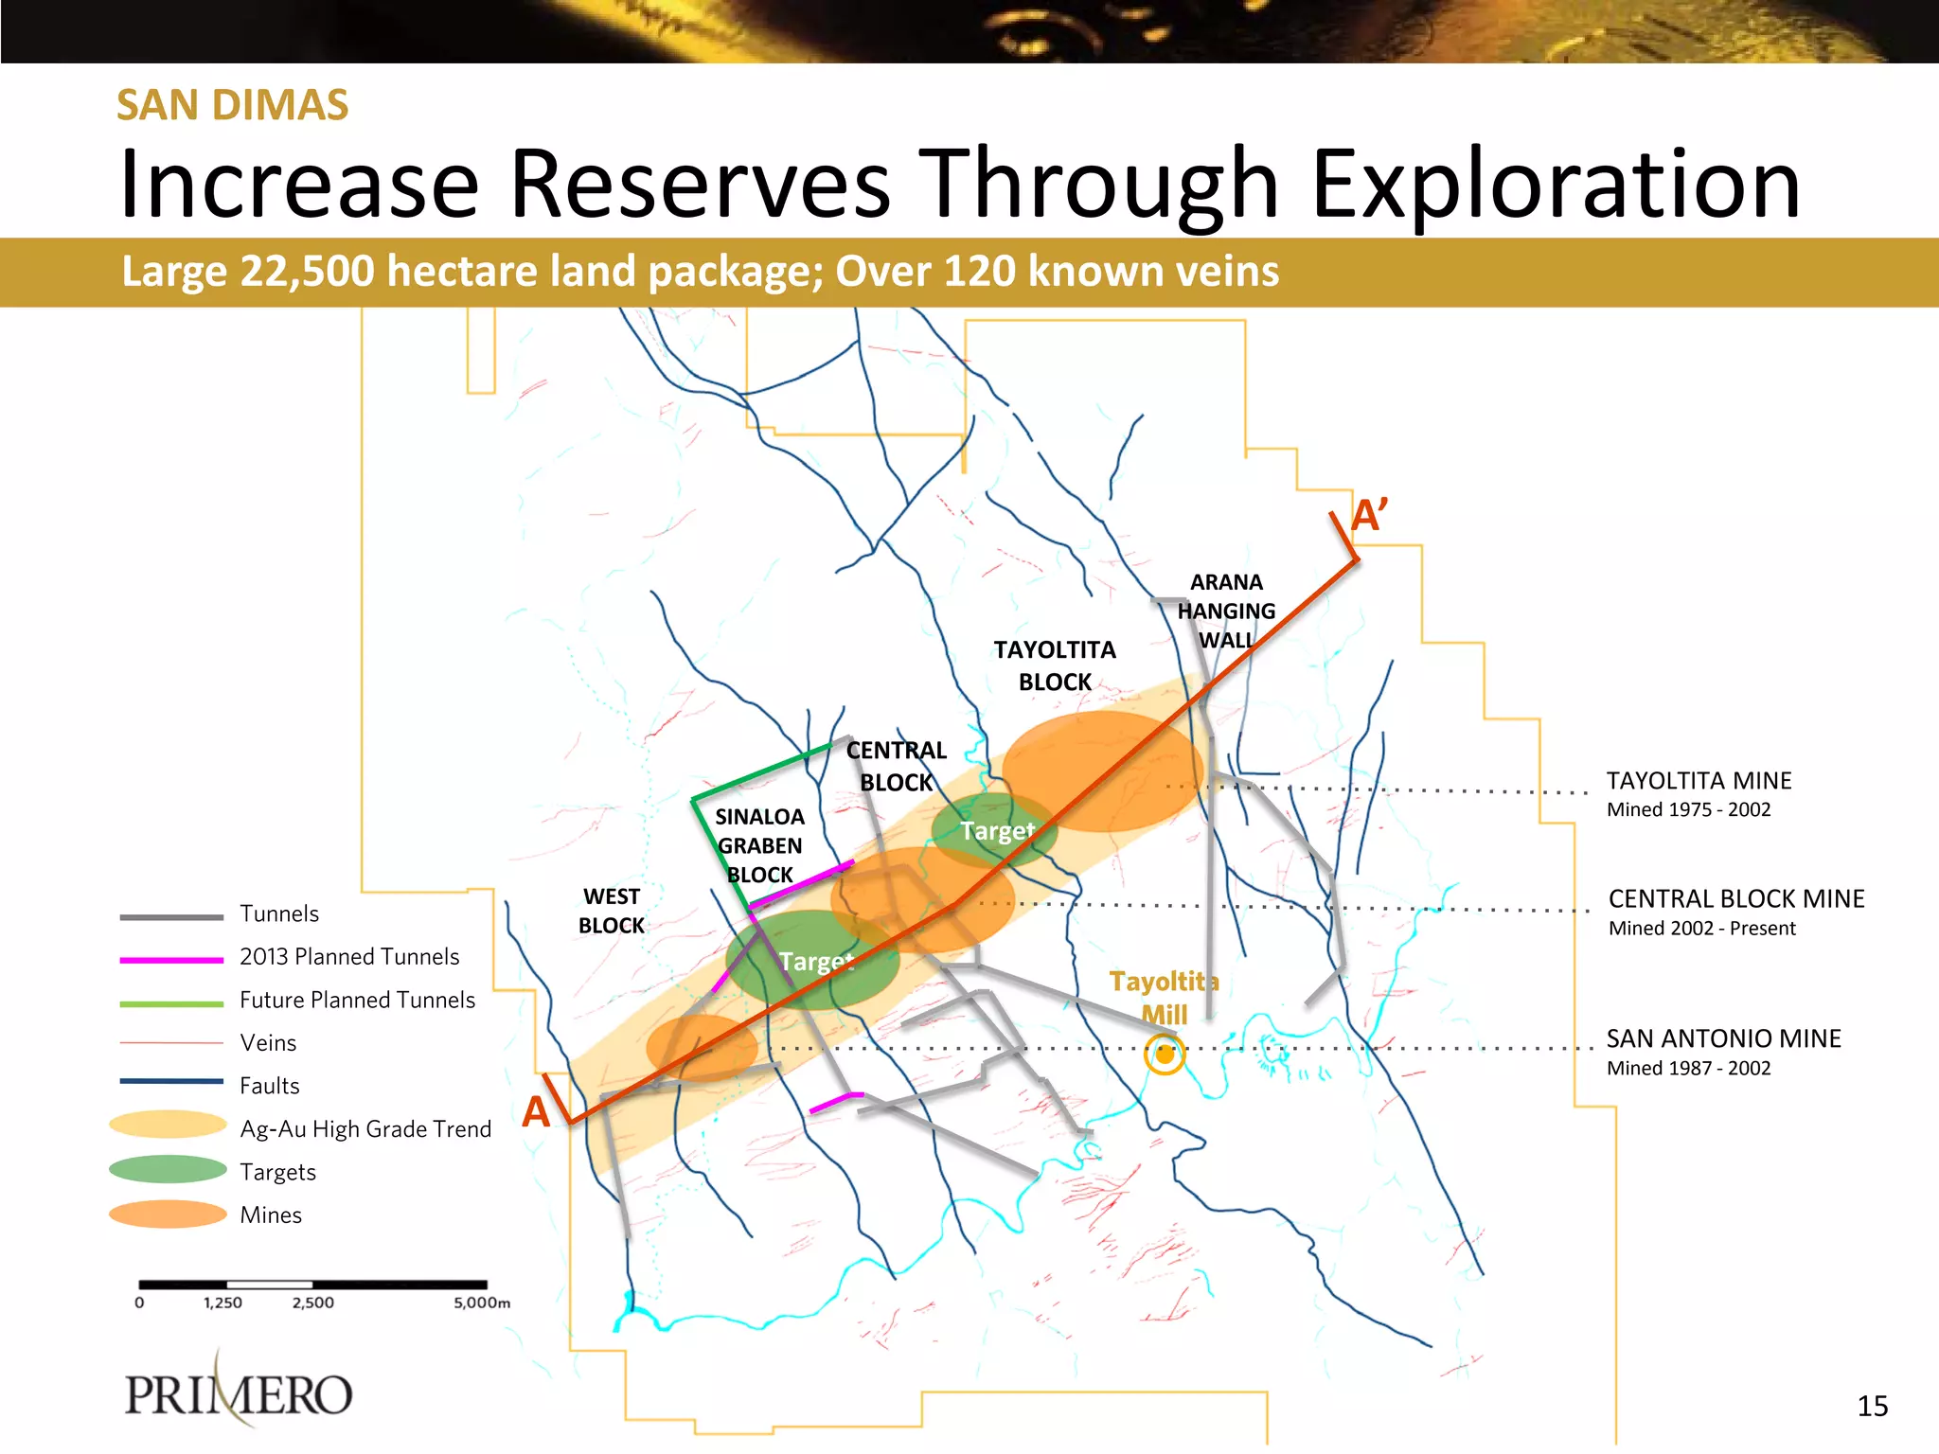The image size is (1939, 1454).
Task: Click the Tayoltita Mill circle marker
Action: [x=1164, y=1055]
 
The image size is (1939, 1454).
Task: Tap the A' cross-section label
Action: [x=1369, y=517]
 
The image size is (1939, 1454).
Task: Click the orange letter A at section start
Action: [x=536, y=1111]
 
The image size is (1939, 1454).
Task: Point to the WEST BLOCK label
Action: [x=612, y=911]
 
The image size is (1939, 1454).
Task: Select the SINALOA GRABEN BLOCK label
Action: [x=759, y=845]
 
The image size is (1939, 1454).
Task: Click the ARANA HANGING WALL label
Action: [x=1226, y=612]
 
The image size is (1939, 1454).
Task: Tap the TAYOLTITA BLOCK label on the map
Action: [x=1055, y=665]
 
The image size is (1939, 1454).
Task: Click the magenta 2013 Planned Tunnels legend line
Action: [x=171, y=960]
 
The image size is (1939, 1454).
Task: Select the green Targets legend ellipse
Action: [x=168, y=1170]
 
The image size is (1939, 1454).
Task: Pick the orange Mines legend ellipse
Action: [x=168, y=1215]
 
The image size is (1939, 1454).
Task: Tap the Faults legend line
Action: [x=171, y=1081]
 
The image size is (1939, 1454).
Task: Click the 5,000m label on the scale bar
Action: [x=481, y=1303]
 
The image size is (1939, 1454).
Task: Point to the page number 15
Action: [x=1872, y=1406]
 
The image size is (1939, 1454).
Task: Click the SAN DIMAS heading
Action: [x=233, y=105]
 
